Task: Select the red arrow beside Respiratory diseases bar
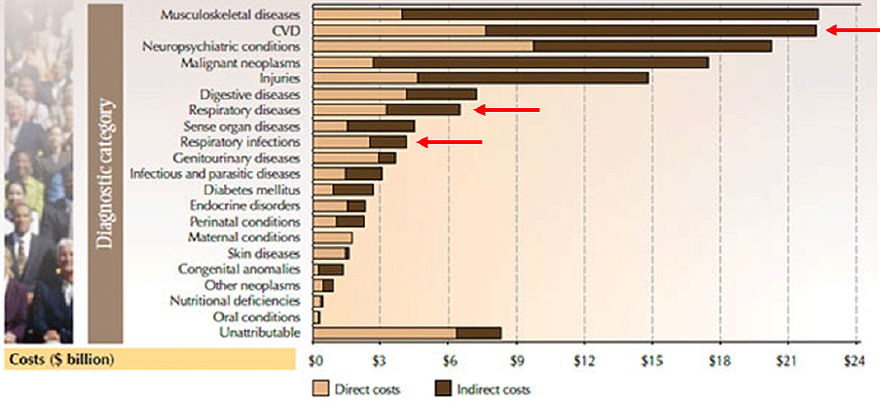pyautogui.click(x=505, y=110)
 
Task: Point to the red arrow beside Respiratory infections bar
pyautogui.click(x=449, y=142)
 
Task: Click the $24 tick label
pyautogui.click(x=856, y=359)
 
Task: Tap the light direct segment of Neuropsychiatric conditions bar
pyautogui.click(x=422, y=46)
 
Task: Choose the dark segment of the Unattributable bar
pyautogui.click(x=478, y=333)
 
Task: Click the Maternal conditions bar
pyautogui.click(x=332, y=238)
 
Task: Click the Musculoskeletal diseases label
pyautogui.click(x=231, y=15)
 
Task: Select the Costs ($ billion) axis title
pyautogui.click(x=61, y=360)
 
